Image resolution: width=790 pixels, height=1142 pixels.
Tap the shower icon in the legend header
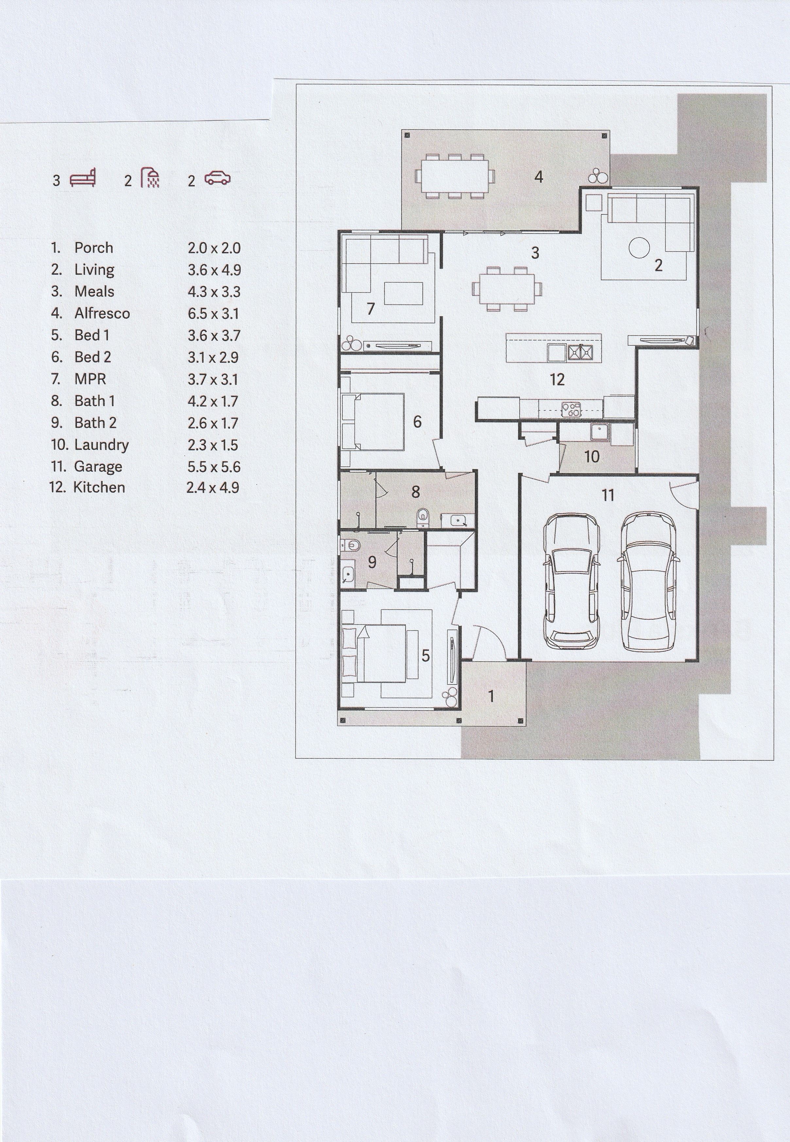150,177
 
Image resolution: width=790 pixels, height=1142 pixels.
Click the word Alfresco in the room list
102,313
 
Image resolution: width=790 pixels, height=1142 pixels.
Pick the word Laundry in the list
101,445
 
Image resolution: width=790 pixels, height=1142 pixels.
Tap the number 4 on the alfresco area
539,177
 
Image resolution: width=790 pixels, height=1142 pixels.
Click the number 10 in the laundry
592,457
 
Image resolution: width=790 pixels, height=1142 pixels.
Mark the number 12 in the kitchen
557,380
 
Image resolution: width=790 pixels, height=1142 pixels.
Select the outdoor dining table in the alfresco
455,176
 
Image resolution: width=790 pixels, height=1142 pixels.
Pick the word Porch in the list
94,248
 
